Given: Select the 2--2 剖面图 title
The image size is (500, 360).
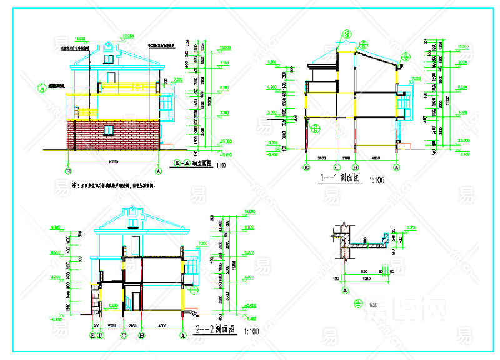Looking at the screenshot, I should (216, 329).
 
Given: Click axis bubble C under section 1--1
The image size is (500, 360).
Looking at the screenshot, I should (337, 167).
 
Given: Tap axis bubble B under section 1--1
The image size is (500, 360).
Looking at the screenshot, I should (354, 167).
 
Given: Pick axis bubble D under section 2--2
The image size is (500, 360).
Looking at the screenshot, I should (100, 336).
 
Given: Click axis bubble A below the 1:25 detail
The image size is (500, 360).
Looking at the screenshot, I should (344, 290).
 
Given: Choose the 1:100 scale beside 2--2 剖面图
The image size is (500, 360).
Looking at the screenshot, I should (252, 331).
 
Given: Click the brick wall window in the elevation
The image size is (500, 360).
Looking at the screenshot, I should (109, 129).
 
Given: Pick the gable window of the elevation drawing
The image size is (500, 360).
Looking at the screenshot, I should (109, 58).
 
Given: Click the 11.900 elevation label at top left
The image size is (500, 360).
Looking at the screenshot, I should (80, 37).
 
